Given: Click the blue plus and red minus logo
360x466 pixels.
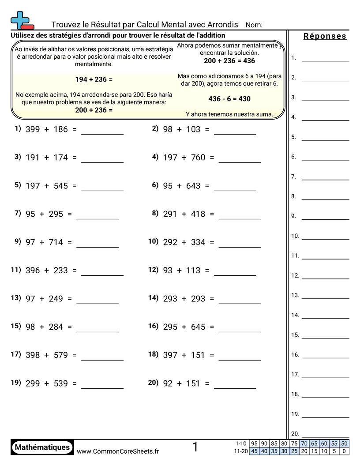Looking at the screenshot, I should coord(21,20).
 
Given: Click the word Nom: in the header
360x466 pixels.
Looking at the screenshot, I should coord(254,25).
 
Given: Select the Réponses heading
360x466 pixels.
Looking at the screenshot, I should coord(325,36).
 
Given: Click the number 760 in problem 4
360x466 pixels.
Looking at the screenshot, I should coord(198,158).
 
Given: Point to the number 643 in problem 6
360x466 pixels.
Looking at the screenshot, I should coord(193,186).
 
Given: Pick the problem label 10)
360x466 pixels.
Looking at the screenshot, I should coord(153,241).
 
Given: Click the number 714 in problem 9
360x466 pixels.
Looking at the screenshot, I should coord(56,242).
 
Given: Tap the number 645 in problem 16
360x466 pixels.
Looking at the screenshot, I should coord(198,327).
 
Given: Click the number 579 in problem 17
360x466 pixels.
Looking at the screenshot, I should coord(61,355).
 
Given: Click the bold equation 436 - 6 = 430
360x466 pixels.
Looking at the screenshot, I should coord(229,99).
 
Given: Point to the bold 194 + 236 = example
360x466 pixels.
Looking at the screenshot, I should coord(94,79).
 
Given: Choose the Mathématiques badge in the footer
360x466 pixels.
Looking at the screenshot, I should coord(42,447).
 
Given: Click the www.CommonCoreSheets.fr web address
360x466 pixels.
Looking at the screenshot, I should coord(118,451).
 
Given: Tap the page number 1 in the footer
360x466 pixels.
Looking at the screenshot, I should coord(195,447).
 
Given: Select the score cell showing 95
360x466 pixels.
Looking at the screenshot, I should coord(254,443).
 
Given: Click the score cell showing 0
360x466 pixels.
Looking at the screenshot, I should coord(345,451).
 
